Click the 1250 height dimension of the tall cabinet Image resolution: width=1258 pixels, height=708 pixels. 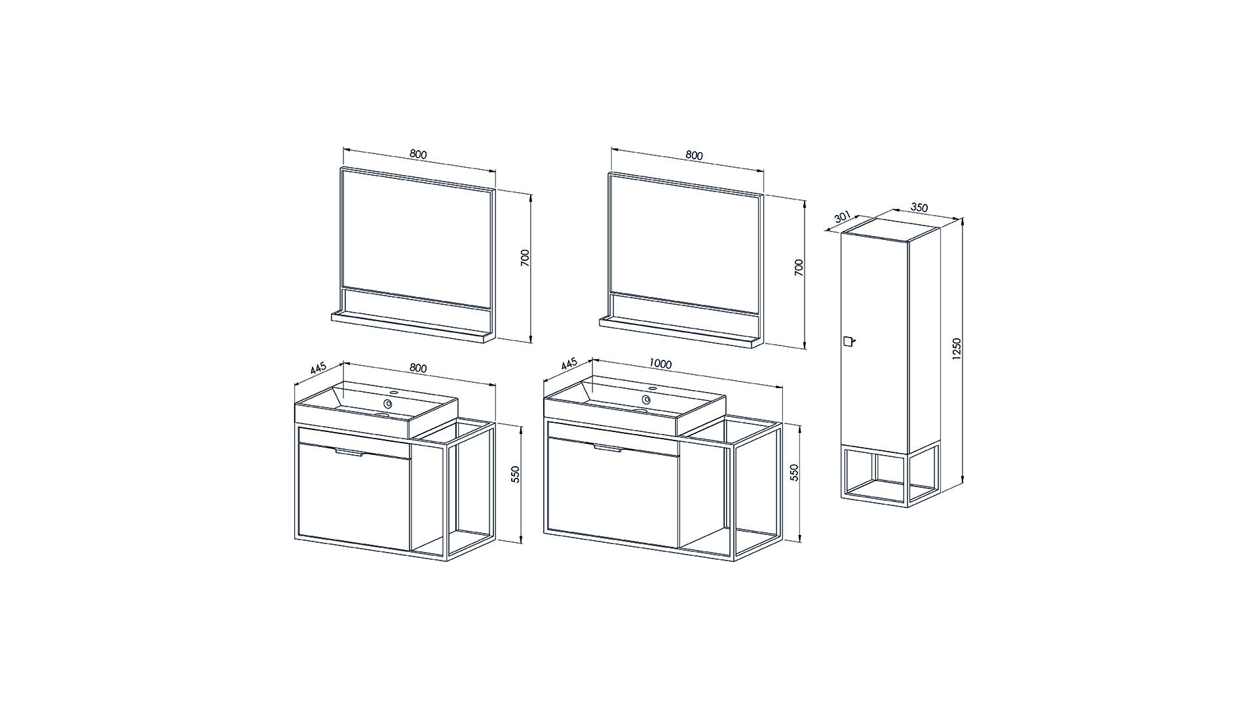point(957,349)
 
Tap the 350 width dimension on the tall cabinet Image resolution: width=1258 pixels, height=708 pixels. point(920,208)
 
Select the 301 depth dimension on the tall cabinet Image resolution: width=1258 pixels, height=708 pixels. point(843,217)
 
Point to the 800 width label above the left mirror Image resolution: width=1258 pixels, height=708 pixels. point(418,155)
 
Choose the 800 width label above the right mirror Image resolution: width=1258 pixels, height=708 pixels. point(694,155)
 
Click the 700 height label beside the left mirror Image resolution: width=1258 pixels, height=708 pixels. point(525,258)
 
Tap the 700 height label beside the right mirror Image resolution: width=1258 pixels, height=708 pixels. point(799,267)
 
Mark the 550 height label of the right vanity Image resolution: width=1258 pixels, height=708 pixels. point(794,473)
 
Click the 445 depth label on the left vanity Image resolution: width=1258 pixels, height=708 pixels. point(318,368)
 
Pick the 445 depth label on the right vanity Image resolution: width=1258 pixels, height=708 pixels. point(568,364)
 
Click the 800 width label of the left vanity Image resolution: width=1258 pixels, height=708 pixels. point(418,368)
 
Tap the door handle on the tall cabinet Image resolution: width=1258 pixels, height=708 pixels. point(848,341)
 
